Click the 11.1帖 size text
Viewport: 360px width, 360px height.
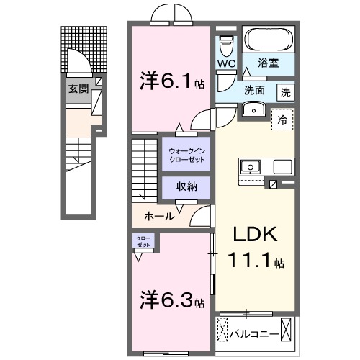pyautogui.click(x=253, y=262)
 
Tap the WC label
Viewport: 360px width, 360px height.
pyautogui.click(x=227, y=63)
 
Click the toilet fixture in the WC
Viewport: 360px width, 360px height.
pyautogui.click(x=228, y=43)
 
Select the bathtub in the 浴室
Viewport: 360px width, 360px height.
pyautogui.click(x=266, y=39)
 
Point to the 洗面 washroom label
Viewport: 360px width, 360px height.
pyautogui.click(x=253, y=91)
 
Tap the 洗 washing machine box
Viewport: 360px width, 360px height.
pyautogui.click(x=286, y=91)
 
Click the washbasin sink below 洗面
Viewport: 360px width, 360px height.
pyautogui.click(x=253, y=109)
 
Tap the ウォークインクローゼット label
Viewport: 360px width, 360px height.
pyautogui.click(x=186, y=154)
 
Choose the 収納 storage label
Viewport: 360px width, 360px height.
pyautogui.click(x=186, y=186)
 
